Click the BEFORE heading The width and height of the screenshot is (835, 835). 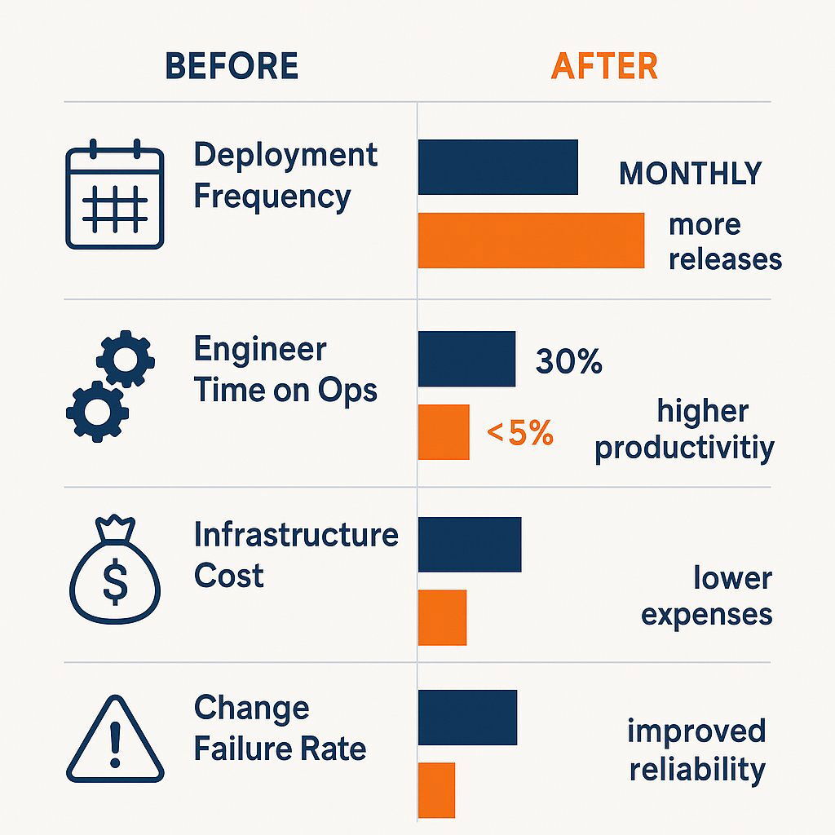232,66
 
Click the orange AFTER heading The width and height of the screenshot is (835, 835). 604,66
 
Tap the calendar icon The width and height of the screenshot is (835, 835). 114,195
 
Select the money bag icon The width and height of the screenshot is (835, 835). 114,571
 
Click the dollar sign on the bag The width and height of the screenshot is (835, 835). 115,581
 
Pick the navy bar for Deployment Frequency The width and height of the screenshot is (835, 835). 498,167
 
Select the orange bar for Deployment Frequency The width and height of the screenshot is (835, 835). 531,241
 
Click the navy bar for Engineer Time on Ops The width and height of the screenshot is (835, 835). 466,359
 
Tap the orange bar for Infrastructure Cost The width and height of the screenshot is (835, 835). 442,617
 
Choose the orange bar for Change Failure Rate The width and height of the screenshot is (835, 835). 436,789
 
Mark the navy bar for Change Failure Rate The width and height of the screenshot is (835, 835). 467,717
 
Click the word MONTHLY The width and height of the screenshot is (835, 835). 690,174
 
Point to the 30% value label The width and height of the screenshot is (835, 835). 568,361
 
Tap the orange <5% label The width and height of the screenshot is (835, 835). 520,433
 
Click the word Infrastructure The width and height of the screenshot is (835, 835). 296,536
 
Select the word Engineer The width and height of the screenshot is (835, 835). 260,350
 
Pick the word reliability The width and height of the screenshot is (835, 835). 697,769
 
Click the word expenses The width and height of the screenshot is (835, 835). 706,614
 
